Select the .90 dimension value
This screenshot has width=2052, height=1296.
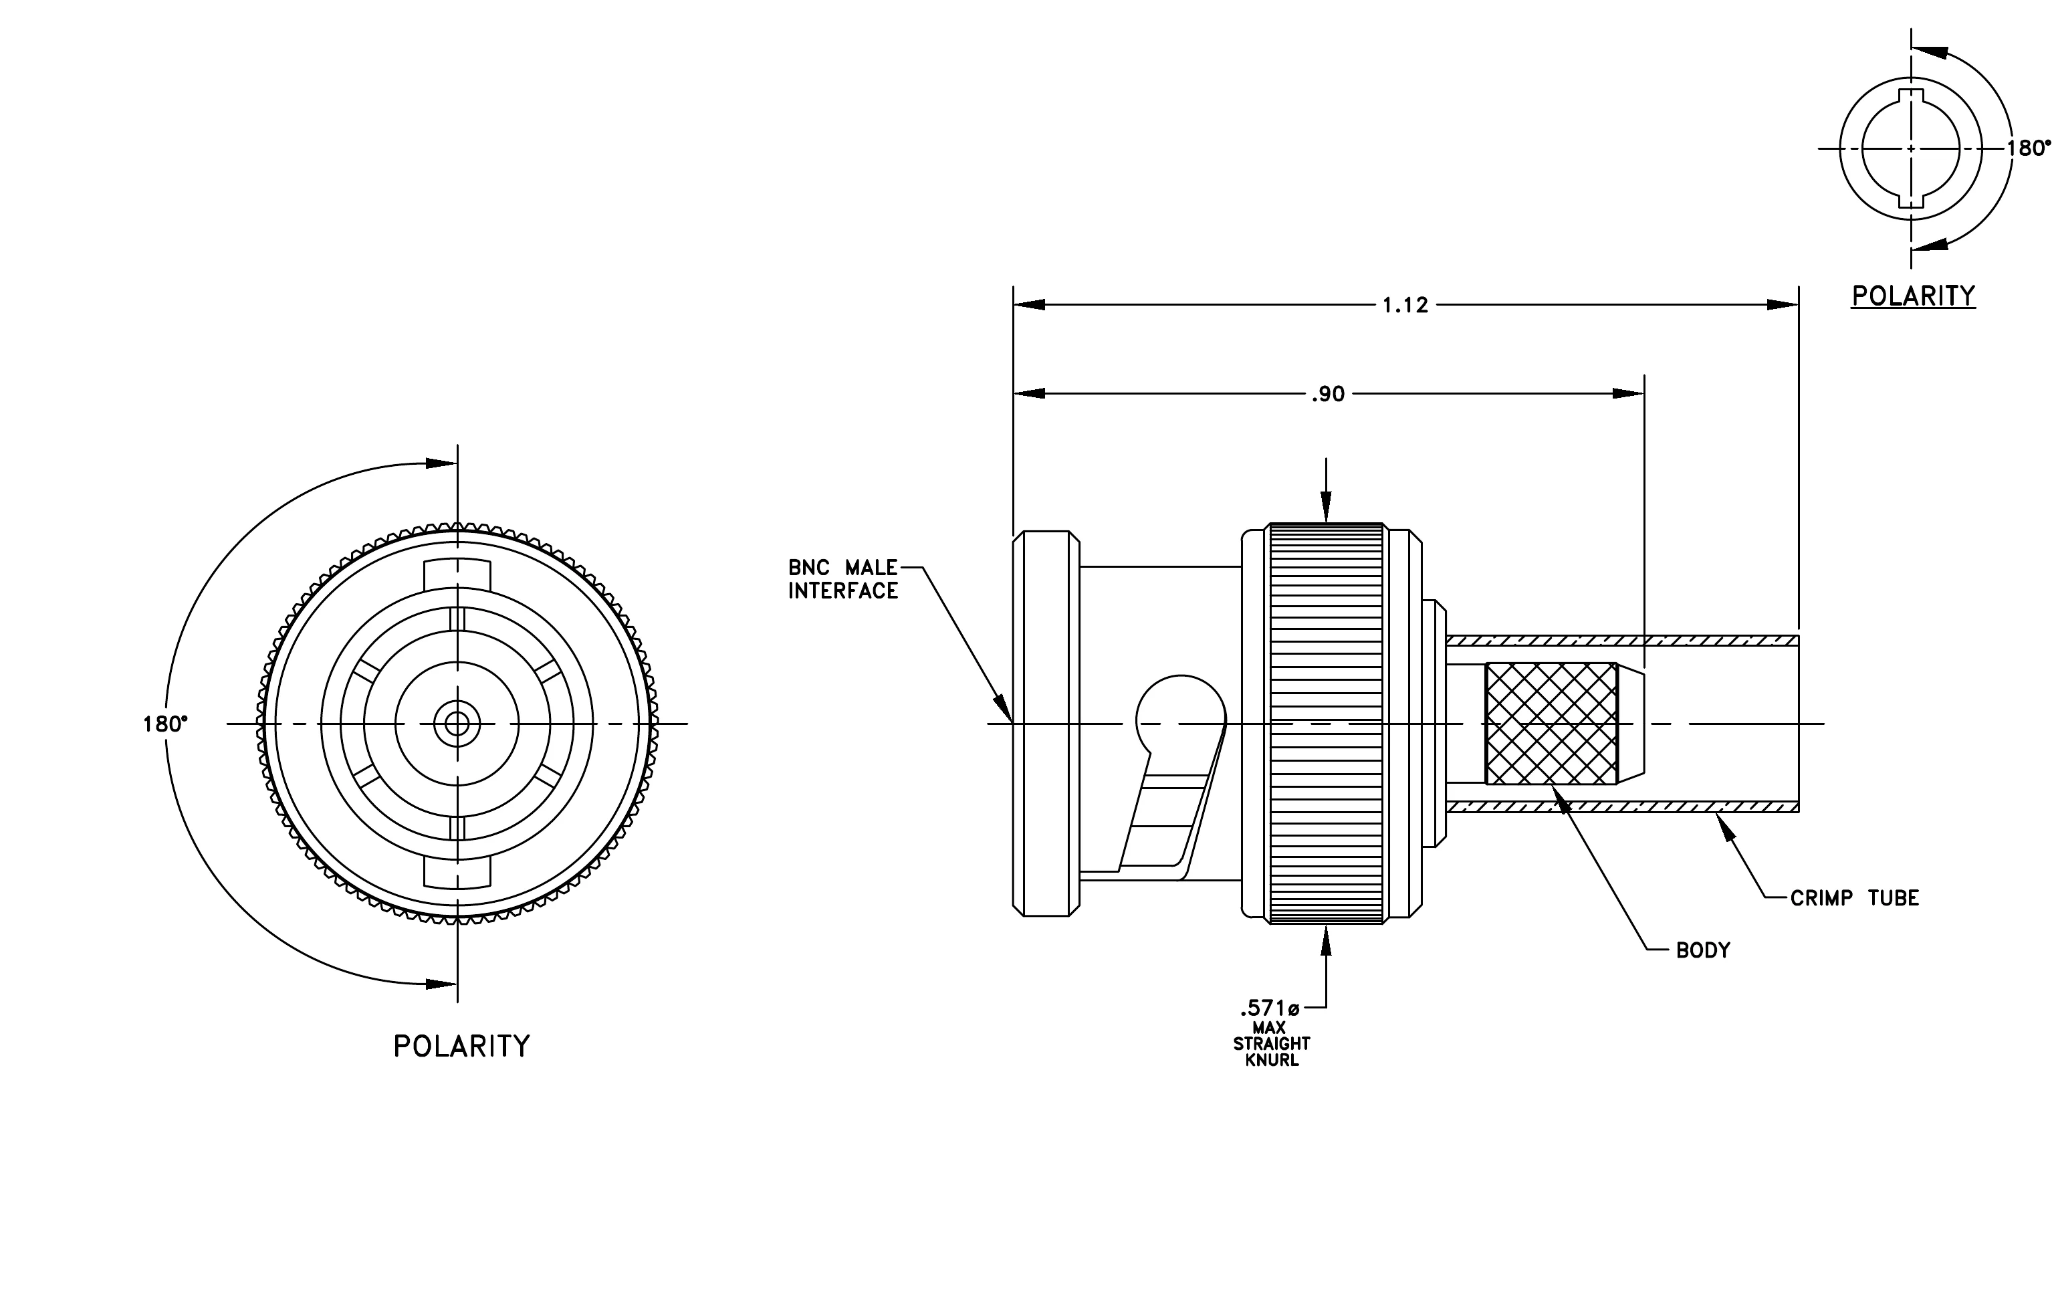pos(1328,394)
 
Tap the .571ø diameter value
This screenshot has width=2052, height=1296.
pos(1270,1010)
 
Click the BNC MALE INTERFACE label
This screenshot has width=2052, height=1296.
pos(842,579)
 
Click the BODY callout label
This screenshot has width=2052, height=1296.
pos(1702,950)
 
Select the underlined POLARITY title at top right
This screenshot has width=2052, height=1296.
pos(1913,296)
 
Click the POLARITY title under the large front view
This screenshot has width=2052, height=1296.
pos(461,1047)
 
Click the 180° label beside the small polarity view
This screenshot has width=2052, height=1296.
pos(2028,148)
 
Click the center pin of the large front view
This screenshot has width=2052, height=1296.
pos(457,724)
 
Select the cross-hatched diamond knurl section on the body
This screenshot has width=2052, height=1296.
pos(1551,724)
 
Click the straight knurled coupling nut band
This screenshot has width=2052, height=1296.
pos(1326,724)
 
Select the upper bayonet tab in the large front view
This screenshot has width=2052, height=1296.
pos(457,574)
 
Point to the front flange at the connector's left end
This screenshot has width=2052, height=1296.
pos(1046,724)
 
